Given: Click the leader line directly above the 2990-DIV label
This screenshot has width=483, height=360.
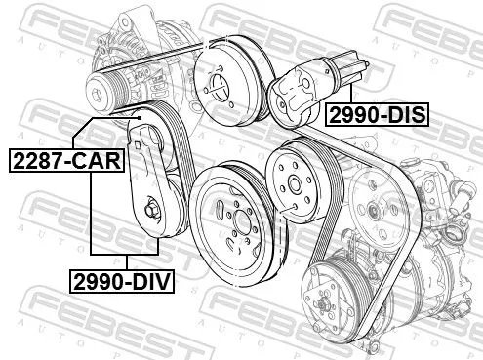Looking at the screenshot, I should [x=128, y=261].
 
